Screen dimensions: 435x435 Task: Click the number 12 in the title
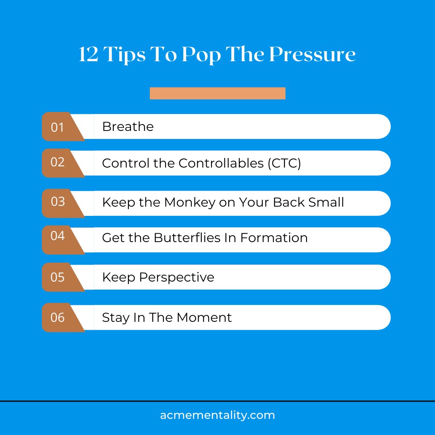tap(89, 54)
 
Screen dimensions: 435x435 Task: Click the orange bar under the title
tap(217, 93)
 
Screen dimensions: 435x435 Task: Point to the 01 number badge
tap(58, 127)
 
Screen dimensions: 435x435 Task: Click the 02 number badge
tap(58, 162)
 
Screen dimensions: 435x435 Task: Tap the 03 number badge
tap(58, 201)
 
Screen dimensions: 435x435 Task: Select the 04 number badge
tap(58, 236)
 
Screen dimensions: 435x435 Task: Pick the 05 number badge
tap(58, 277)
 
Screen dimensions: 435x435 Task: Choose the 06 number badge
tap(58, 317)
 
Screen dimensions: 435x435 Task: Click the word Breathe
tap(128, 126)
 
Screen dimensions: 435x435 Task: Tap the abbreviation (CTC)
tap(284, 163)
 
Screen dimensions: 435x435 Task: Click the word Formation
tap(274, 238)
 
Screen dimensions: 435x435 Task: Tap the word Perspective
tap(177, 278)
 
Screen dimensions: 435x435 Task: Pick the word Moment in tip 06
tap(204, 317)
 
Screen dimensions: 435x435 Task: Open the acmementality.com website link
tap(217, 415)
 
